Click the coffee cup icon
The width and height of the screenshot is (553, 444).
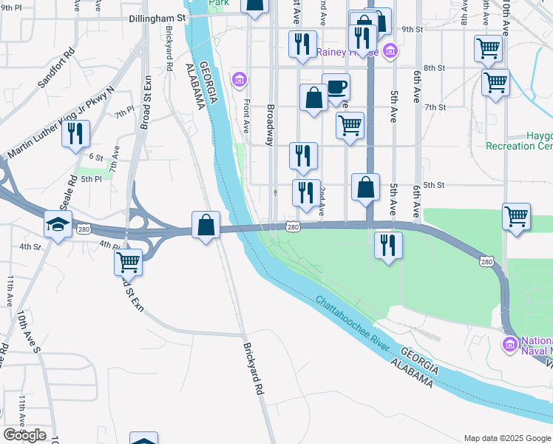point(336,87)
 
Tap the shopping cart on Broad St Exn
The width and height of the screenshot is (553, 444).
point(129,261)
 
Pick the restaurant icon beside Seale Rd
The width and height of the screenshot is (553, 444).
point(75,133)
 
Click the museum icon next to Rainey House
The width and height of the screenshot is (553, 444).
point(390,50)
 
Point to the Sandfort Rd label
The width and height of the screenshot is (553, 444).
point(57,69)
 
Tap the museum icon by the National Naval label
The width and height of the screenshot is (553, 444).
point(510,344)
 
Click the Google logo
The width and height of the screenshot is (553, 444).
point(24,435)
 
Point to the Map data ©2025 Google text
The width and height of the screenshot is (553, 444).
point(507,438)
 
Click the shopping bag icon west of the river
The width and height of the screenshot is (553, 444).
point(206,224)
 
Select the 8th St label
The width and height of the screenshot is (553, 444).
point(434,67)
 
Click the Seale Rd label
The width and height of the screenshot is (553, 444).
point(72,189)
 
